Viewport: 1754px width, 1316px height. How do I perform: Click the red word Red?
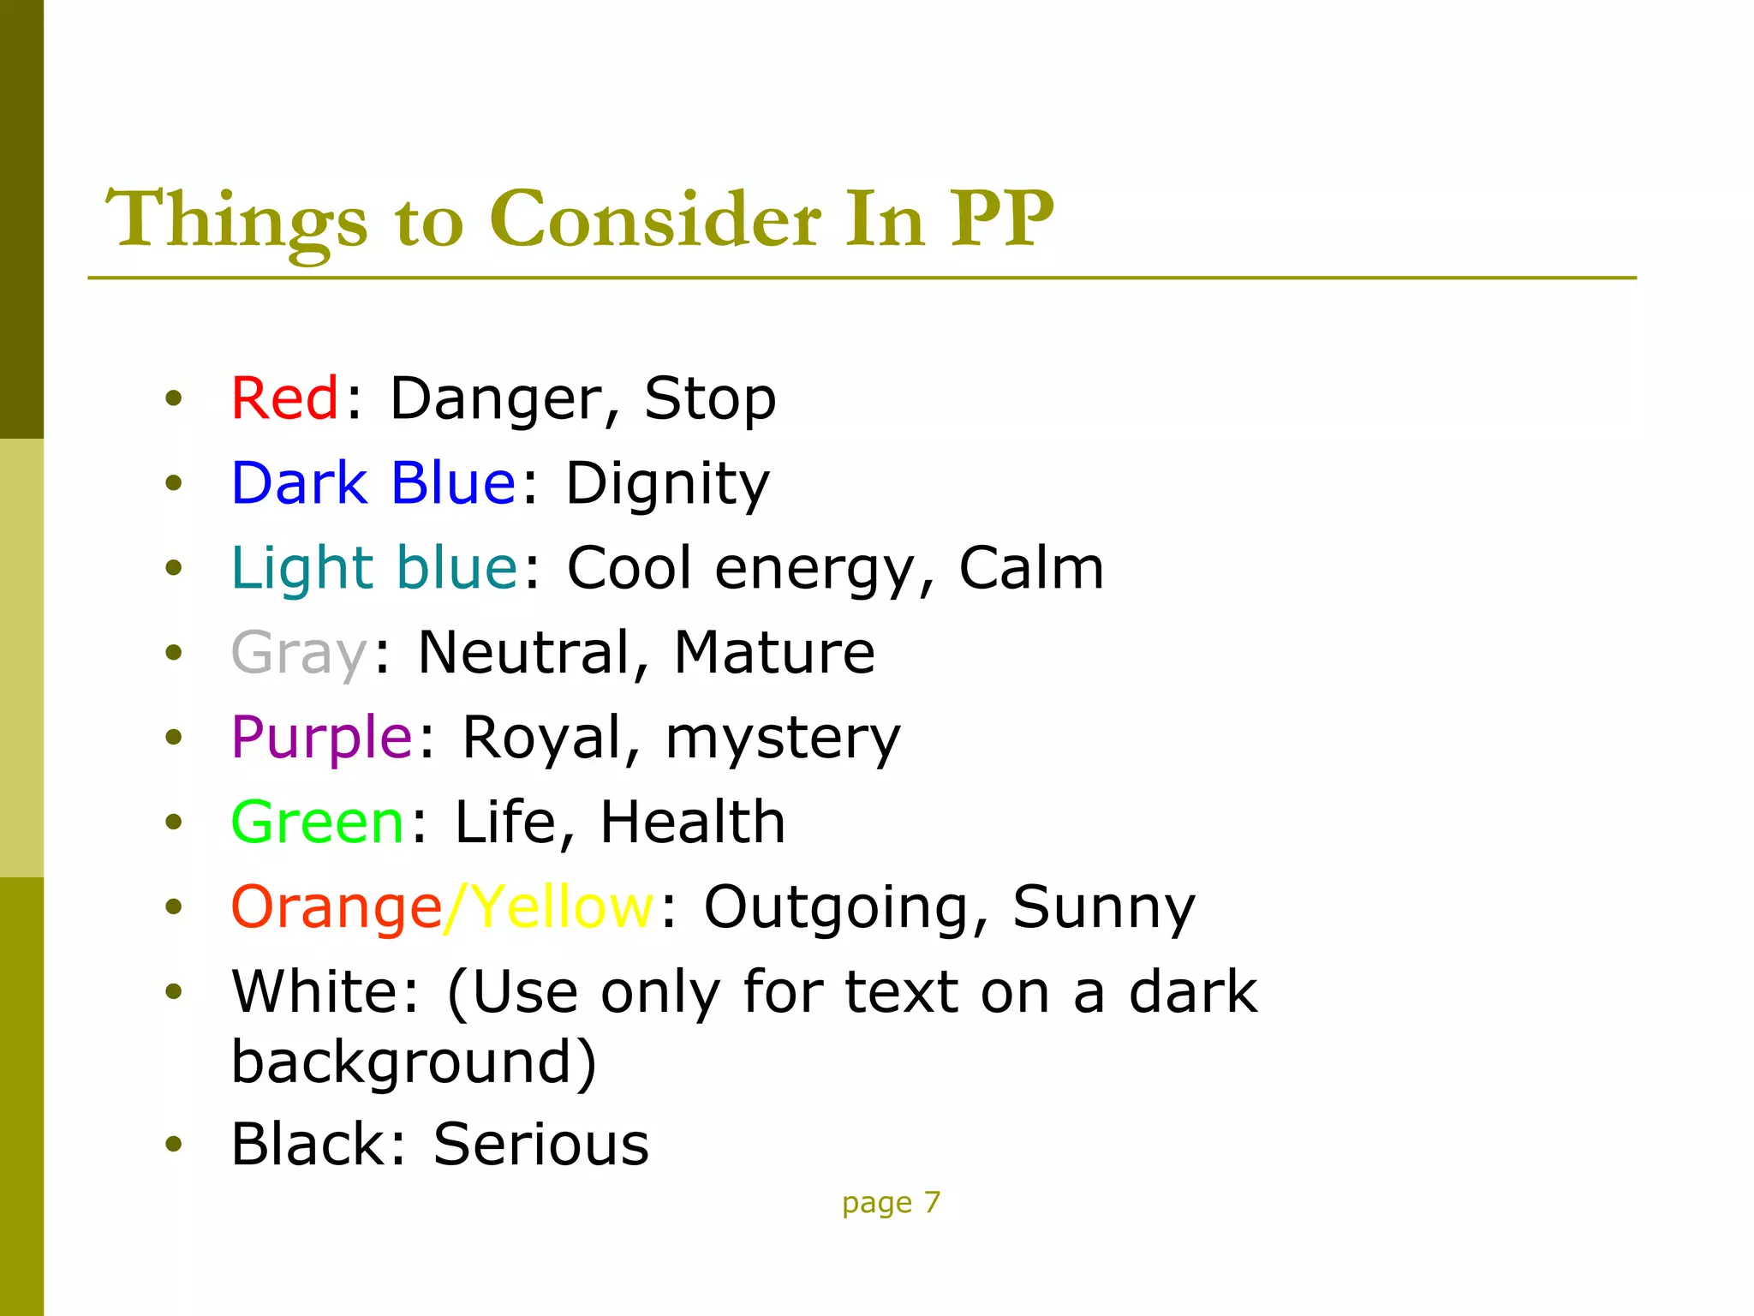[x=285, y=398]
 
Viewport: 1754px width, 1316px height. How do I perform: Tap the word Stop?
[x=710, y=400]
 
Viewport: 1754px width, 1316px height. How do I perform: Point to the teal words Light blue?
[x=374, y=568]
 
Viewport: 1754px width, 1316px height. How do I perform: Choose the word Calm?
[x=1031, y=568]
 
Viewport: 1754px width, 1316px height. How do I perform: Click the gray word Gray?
[x=299, y=654]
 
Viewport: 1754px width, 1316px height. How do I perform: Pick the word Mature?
[x=774, y=653]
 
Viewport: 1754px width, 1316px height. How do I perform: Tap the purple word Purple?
[x=322, y=738]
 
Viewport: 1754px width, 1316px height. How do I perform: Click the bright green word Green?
[x=317, y=822]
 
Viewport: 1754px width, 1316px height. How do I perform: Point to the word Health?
[x=692, y=822]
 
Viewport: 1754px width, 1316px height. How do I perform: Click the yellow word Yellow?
[x=563, y=907]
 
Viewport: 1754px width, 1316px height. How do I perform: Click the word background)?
[x=414, y=1063]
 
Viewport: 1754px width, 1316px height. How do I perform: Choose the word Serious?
[x=541, y=1145]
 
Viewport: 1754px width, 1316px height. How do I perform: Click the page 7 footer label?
[x=891, y=1203]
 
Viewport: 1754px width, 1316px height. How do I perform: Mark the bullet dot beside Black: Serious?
[x=174, y=1144]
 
